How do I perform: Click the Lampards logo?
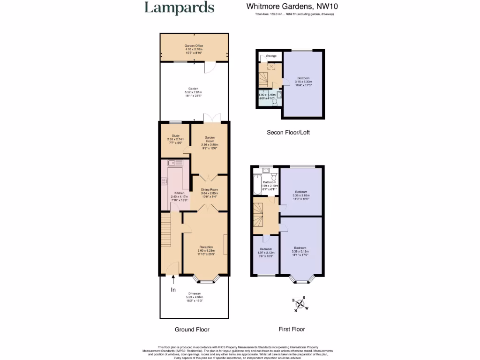[179, 8]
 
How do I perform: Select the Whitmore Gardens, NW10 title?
[292, 7]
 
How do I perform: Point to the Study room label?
[176, 139]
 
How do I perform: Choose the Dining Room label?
[210, 192]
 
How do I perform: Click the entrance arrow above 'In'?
[173, 280]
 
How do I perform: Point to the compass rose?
[300, 304]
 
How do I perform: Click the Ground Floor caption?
[192, 330]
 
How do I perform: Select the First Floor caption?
[292, 330]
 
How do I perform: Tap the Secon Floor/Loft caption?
[288, 133]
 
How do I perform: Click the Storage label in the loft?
[271, 56]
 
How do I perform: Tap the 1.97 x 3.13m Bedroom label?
[266, 252]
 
